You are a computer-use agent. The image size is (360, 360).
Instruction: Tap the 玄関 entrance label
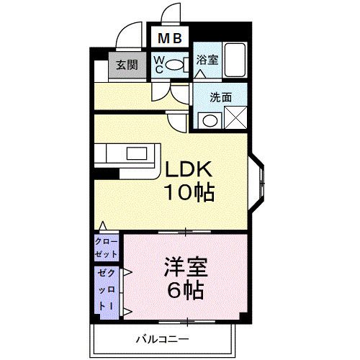click(x=127, y=66)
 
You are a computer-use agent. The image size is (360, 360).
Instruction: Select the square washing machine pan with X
click(x=235, y=117)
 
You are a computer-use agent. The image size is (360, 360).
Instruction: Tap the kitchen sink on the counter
click(x=135, y=154)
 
